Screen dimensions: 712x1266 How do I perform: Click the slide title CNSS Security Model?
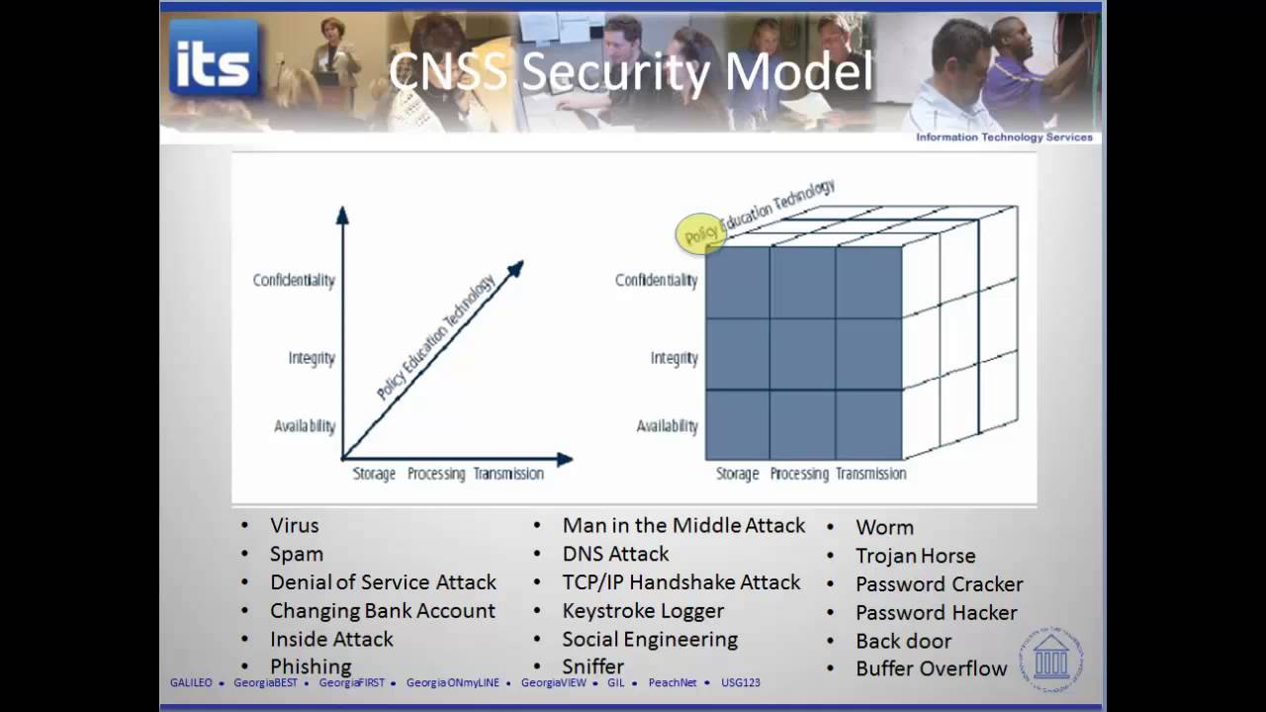630,72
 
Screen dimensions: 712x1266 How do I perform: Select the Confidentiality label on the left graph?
294,280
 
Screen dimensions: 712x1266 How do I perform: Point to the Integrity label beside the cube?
674,358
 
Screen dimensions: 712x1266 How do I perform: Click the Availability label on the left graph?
305,426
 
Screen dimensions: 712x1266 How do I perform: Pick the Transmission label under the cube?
870,474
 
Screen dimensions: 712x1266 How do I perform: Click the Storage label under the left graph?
374,474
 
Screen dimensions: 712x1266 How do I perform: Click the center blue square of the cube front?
802,354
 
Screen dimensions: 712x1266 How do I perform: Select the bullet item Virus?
295,526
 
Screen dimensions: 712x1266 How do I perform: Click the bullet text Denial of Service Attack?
383,582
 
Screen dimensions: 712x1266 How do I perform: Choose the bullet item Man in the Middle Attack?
683,526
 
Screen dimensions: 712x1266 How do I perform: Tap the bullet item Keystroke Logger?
643,611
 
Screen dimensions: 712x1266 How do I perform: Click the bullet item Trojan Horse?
915,556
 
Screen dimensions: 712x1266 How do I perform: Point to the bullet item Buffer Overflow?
931,668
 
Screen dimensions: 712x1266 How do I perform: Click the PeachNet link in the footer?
673,682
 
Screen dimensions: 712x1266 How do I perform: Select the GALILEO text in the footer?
191,682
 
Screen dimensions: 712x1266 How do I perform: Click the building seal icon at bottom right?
1050,657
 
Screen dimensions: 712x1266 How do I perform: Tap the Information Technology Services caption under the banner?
1004,137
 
